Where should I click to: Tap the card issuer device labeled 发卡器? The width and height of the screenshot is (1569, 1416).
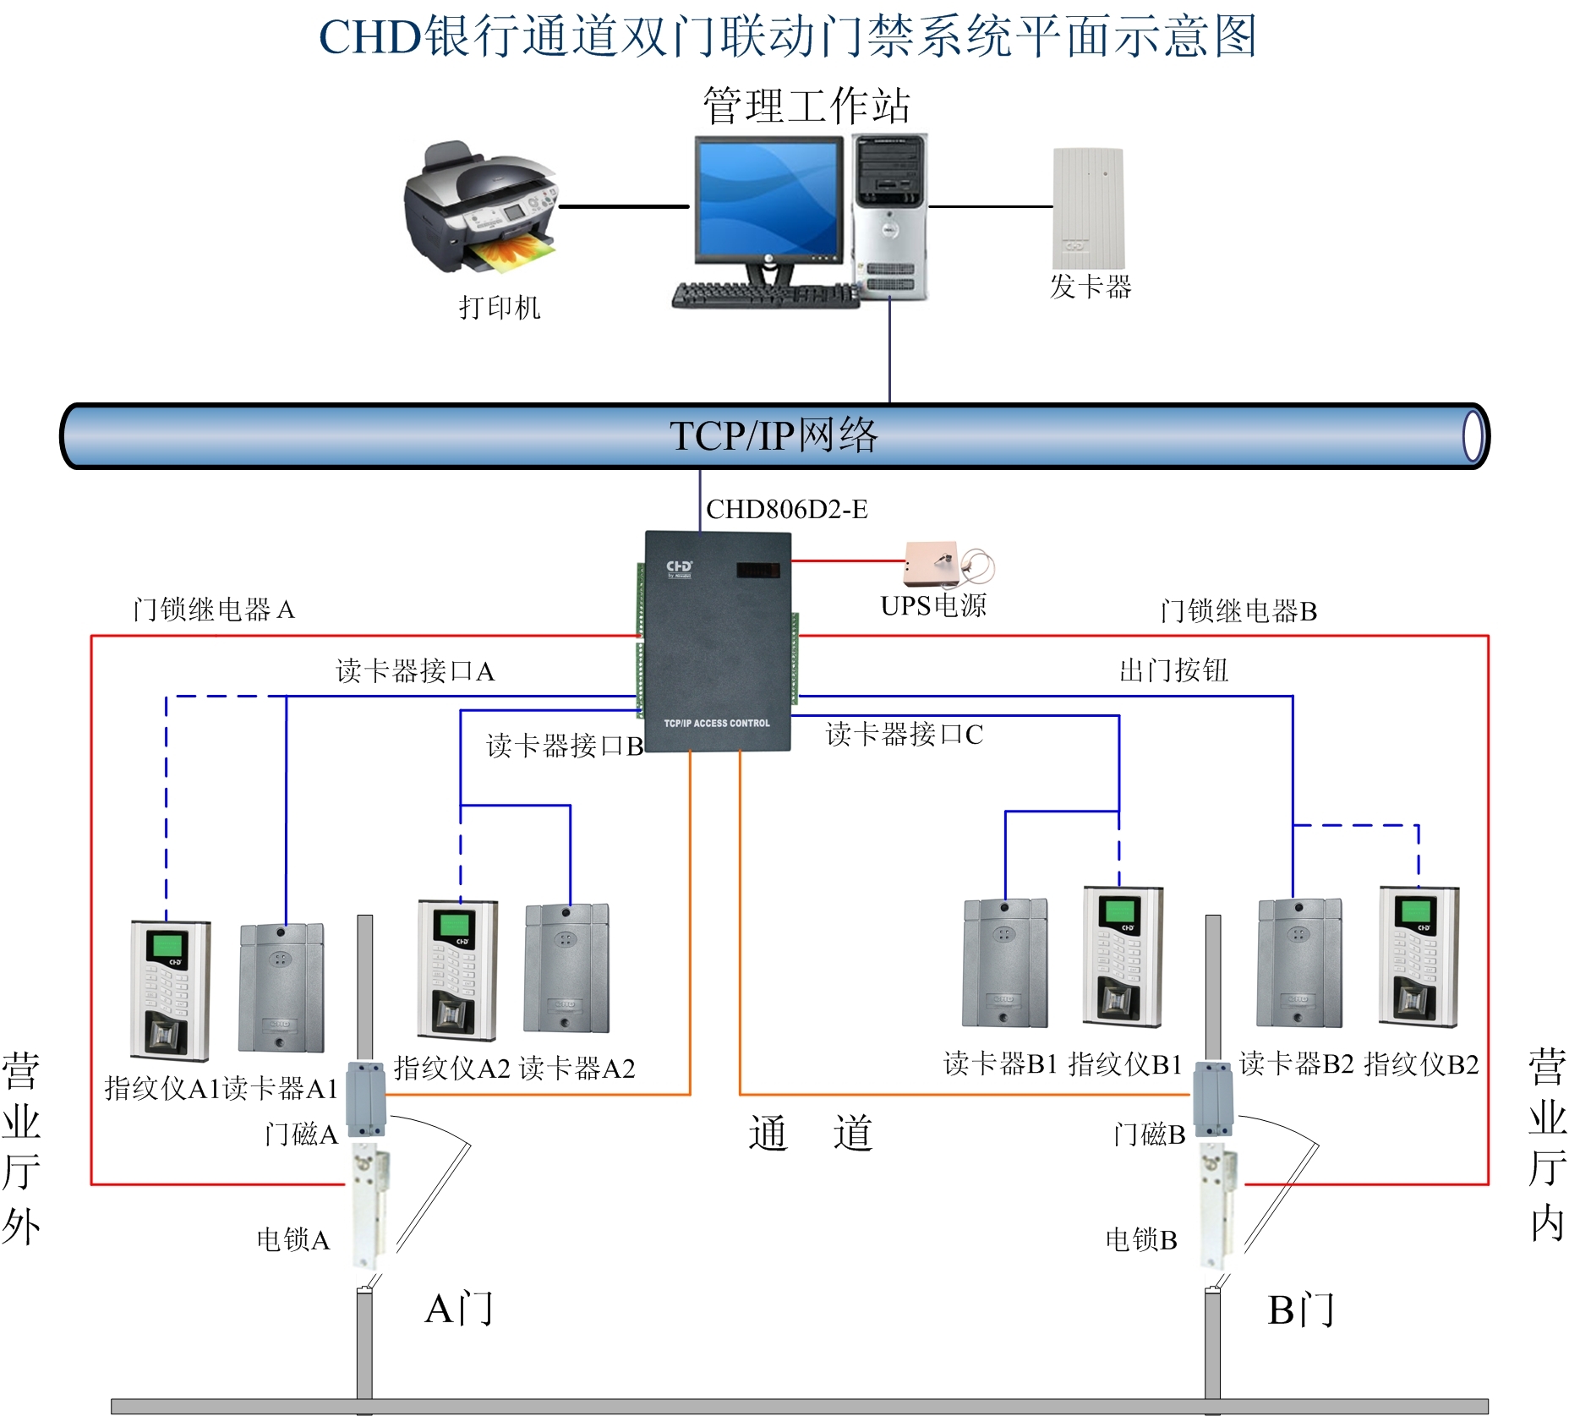tap(1088, 208)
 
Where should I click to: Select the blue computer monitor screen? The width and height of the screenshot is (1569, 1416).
tap(768, 200)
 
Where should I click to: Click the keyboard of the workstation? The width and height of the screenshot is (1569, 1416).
tap(764, 295)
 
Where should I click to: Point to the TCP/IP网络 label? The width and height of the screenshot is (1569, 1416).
tap(773, 436)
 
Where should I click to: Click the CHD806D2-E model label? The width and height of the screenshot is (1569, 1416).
tap(786, 509)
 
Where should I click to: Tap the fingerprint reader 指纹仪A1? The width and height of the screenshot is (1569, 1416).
tap(170, 989)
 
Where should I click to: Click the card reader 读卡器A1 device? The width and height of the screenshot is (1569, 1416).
tap(281, 987)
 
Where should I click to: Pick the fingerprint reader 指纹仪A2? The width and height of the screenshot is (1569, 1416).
tap(457, 970)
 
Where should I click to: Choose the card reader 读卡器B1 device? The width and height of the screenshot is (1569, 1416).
tap(1004, 963)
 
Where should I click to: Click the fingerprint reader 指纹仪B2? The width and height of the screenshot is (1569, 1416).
tap(1419, 956)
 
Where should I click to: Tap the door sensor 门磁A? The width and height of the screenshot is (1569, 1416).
tap(367, 1099)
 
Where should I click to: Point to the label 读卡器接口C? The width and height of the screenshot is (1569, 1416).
tap(904, 734)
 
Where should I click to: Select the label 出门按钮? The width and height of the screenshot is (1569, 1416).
tap(1173, 670)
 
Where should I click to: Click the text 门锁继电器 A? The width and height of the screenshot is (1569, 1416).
tap(214, 610)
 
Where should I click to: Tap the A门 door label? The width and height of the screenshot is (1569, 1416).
tap(459, 1309)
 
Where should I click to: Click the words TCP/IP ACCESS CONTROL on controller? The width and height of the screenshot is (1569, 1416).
tap(716, 723)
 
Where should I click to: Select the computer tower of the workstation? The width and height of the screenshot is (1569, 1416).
tap(889, 216)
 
